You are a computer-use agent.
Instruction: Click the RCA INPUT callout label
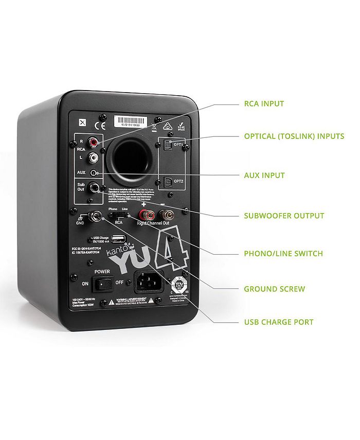(263, 103)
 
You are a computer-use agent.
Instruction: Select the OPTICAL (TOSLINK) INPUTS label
(294, 136)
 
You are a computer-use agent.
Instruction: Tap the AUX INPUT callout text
(264, 175)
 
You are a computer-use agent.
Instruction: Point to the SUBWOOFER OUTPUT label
(284, 216)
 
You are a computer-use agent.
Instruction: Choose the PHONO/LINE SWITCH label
(283, 254)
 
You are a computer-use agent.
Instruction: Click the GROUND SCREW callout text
(274, 289)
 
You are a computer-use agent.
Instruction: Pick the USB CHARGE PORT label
(278, 322)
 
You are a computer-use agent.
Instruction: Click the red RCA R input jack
(94, 140)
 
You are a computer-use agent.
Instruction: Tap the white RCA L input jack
(94, 156)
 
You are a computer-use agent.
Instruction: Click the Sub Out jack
(95, 189)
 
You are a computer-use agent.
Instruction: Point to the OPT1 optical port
(168, 146)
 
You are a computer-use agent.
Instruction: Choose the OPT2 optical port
(168, 181)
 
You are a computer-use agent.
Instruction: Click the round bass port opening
(131, 161)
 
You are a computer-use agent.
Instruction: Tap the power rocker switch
(105, 283)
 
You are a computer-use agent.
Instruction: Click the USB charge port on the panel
(117, 239)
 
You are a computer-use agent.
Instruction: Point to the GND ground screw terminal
(96, 216)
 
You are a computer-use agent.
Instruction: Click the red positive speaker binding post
(140, 214)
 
